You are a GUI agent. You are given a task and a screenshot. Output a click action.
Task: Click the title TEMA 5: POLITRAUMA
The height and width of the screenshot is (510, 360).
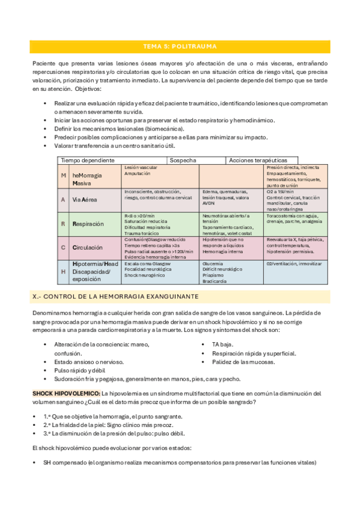[x=180, y=46]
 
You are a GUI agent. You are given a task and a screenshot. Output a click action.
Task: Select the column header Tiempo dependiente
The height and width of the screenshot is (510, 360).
[x=88, y=160]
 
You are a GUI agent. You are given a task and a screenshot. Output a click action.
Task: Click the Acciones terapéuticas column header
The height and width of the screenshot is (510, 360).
[x=254, y=160]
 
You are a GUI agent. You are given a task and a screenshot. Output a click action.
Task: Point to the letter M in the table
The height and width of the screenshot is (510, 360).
[x=63, y=174]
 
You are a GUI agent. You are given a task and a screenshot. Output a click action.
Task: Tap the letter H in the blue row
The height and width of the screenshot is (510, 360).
[x=63, y=271]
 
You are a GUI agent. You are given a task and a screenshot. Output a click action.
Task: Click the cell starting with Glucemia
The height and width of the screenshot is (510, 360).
[x=213, y=263]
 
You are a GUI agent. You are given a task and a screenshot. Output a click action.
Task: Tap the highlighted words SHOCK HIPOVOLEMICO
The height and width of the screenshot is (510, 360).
[x=66, y=392]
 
